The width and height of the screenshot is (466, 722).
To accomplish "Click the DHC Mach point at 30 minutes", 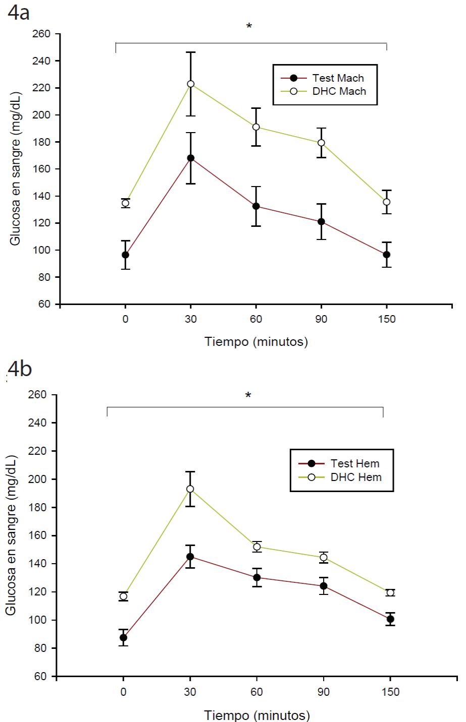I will tap(191, 84).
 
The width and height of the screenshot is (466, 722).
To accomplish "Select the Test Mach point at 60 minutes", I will tap(256, 206).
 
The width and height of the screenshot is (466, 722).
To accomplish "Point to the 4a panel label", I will tap(19, 13).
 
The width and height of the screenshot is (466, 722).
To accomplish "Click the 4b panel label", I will tap(20, 369).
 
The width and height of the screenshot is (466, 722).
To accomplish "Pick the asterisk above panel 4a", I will tap(249, 26).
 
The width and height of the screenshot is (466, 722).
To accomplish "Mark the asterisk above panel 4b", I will tap(248, 396).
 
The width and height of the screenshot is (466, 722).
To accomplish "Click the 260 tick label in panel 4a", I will tap(41, 34).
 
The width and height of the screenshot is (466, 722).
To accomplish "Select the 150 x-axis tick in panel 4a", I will tap(387, 319).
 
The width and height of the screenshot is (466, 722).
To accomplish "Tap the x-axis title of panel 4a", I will tap(256, 342).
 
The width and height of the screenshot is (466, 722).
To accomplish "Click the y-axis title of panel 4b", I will tap(11, 535).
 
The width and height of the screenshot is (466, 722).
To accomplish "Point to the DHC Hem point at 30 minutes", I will tap(190, 489).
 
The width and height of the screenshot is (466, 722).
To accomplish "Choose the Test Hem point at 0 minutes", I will tap(123, 638).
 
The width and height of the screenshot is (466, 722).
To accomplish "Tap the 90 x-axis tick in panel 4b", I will tap(323, 692).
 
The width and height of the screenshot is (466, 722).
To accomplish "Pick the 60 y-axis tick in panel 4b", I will tap(40, 676).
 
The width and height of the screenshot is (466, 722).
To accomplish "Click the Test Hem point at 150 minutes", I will tap(390, 619).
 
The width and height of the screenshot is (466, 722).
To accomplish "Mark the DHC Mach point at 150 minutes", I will tap(387, 202).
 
